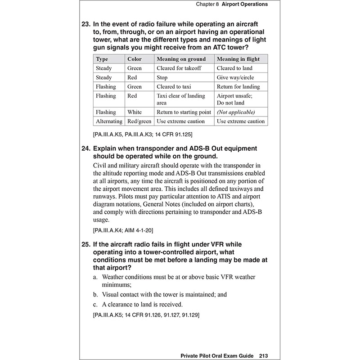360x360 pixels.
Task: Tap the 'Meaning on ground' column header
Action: [x=181, y=59]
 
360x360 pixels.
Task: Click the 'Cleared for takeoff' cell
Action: [x=179, y=68]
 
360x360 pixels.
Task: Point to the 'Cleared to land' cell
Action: [x=234, y=68]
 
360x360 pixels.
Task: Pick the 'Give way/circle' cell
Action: [x=234, y=77]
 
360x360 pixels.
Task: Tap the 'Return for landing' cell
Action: [x=238, y=86]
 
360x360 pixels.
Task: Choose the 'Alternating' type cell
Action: [x=109, y=121]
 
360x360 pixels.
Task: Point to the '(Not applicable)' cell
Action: [x=235, y=112]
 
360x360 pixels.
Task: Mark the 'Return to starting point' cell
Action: [x=184, y=112]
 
